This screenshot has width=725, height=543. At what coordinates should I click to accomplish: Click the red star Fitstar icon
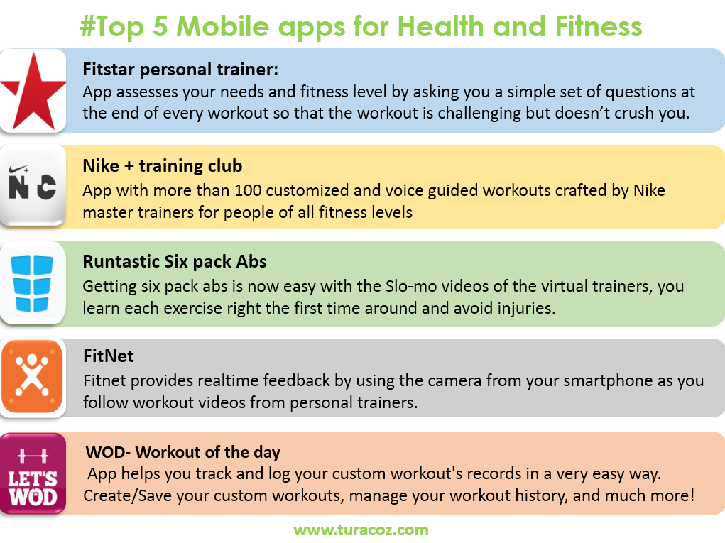(x=33, y=91)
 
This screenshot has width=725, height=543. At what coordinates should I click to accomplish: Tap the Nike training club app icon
(x=33, y=186)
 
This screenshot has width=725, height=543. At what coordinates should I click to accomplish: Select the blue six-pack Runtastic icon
(x=33, y=283)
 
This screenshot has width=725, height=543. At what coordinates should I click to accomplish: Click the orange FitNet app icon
(x=33, y=377)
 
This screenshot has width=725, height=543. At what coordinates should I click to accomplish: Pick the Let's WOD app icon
(x=33, y=473)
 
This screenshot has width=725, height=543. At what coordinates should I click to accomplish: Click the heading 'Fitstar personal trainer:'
(x=180, y=70)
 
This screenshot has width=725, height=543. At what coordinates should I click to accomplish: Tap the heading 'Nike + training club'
(x=163, y=165)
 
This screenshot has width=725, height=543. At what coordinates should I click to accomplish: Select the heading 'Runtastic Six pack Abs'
(x=175, y=262)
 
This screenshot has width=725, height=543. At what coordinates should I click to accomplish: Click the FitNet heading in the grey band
(x=109, y=356)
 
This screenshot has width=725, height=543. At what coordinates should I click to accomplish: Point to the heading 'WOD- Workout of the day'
(x=183, y=452)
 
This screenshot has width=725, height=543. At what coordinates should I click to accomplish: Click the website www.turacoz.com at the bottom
(x=361, y=530)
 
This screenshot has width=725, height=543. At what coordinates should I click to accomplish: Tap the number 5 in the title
(x=160, y=26)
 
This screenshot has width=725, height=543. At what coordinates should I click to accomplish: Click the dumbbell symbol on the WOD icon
(x=33, y=456)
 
